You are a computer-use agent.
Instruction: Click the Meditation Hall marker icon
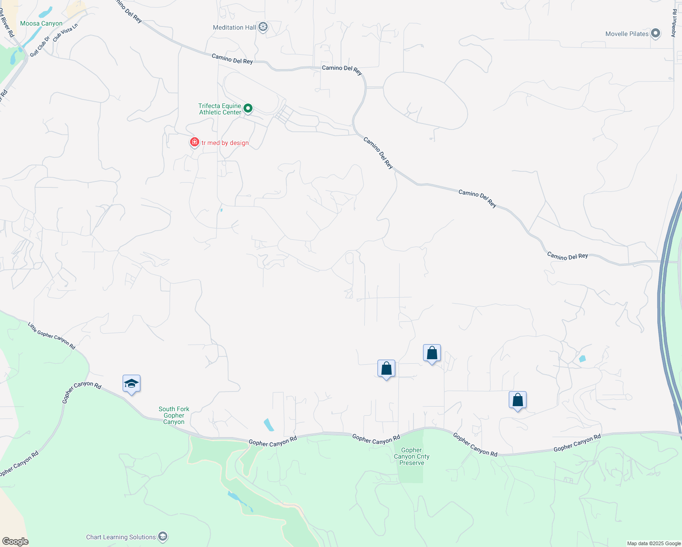pyautogui.click(x=263, y=27)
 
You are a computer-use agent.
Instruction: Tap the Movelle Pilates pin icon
pyautogui.click(x=656, y=33)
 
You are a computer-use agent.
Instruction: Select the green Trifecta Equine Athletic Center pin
pyautogui.click(x=248, y=108)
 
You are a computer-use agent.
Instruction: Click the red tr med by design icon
pyautogui.click(x=195, y=142)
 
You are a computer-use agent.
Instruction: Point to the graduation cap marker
pyautogui.click(x=131, y=384)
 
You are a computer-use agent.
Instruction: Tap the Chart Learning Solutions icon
pyautogui.click(x=163, y=537)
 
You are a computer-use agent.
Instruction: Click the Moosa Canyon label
pyautogui.click(x=41, y=23)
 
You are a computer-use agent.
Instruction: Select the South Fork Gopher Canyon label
pyautogui.click(x=174, y=415)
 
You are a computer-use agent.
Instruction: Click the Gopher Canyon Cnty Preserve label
pyautogui.click(x=412, y=456)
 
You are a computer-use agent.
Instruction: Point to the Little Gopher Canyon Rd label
pyautogui.click(x=52, y=336)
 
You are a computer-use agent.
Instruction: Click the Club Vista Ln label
pyautogui.click(x=65, y=33)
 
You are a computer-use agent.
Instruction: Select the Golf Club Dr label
pyautogui.click(x=40, y=46)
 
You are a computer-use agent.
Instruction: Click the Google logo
pyautogui.click(x=15, y=542)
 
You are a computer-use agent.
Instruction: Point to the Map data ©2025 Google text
pyautogui.click(x=654, y=543)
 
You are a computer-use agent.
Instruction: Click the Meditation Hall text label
pyautogui.click(x=234, y=27)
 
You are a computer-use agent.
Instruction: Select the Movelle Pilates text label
pyautogui.click(x=627, y=34)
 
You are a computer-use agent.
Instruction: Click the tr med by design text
pyautogui.click(x=225, y=143)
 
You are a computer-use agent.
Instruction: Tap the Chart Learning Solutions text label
pyautogui.click(x=121, y=537)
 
